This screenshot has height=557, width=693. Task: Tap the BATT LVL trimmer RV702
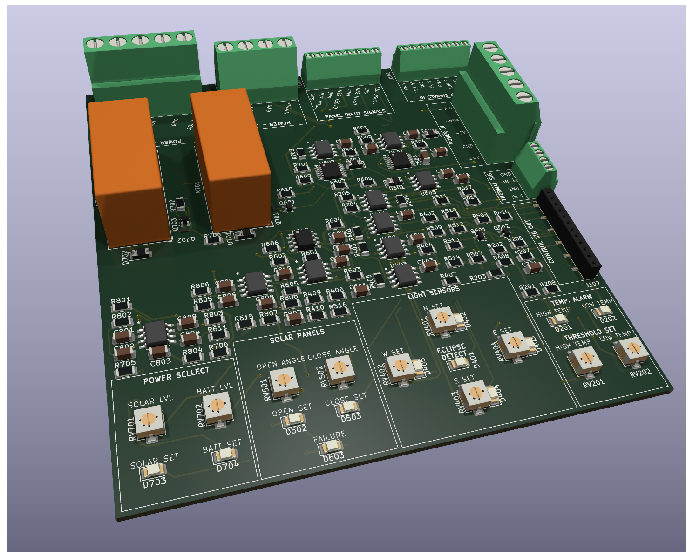point(216,407)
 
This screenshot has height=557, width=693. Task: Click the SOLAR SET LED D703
point(152,471)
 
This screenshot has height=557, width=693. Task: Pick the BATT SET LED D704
point(225,454)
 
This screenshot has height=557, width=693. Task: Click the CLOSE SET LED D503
point(348,407)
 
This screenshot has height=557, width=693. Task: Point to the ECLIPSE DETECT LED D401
point(458,363)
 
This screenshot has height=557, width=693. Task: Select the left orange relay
point(128,172)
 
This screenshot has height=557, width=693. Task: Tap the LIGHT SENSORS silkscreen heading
point(433,292)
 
